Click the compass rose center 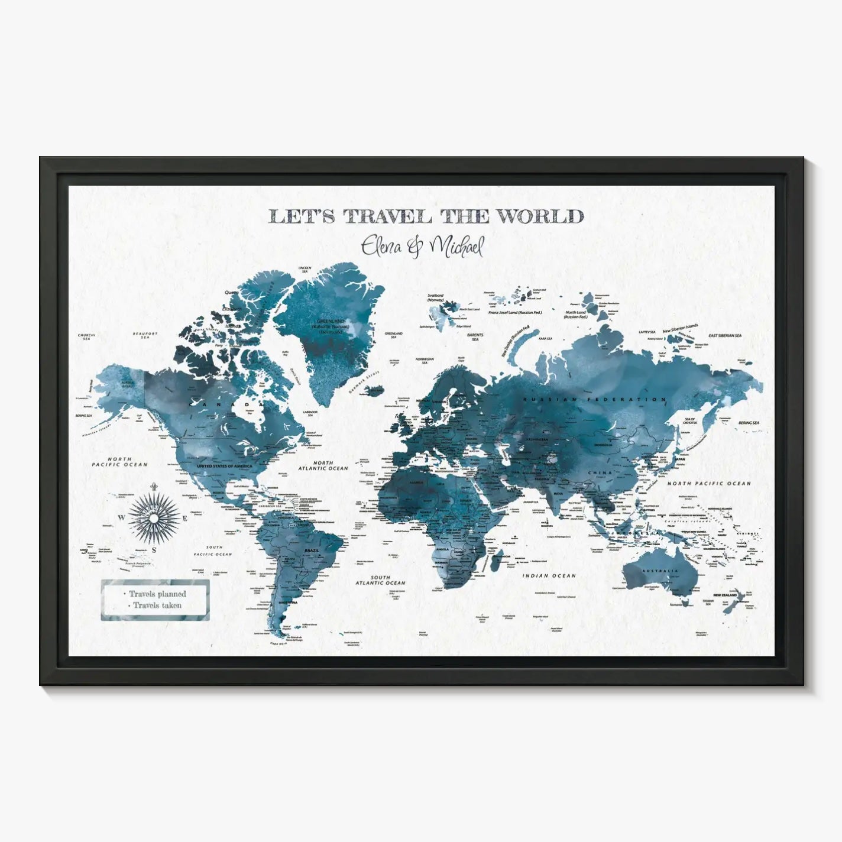click(x=154, y=517)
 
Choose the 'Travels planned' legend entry click(x=158, y=594)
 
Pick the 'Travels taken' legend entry click(x=157, y=605)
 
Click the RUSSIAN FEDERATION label click(x=594, y=400)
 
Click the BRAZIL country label click(x=311, y=550)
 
